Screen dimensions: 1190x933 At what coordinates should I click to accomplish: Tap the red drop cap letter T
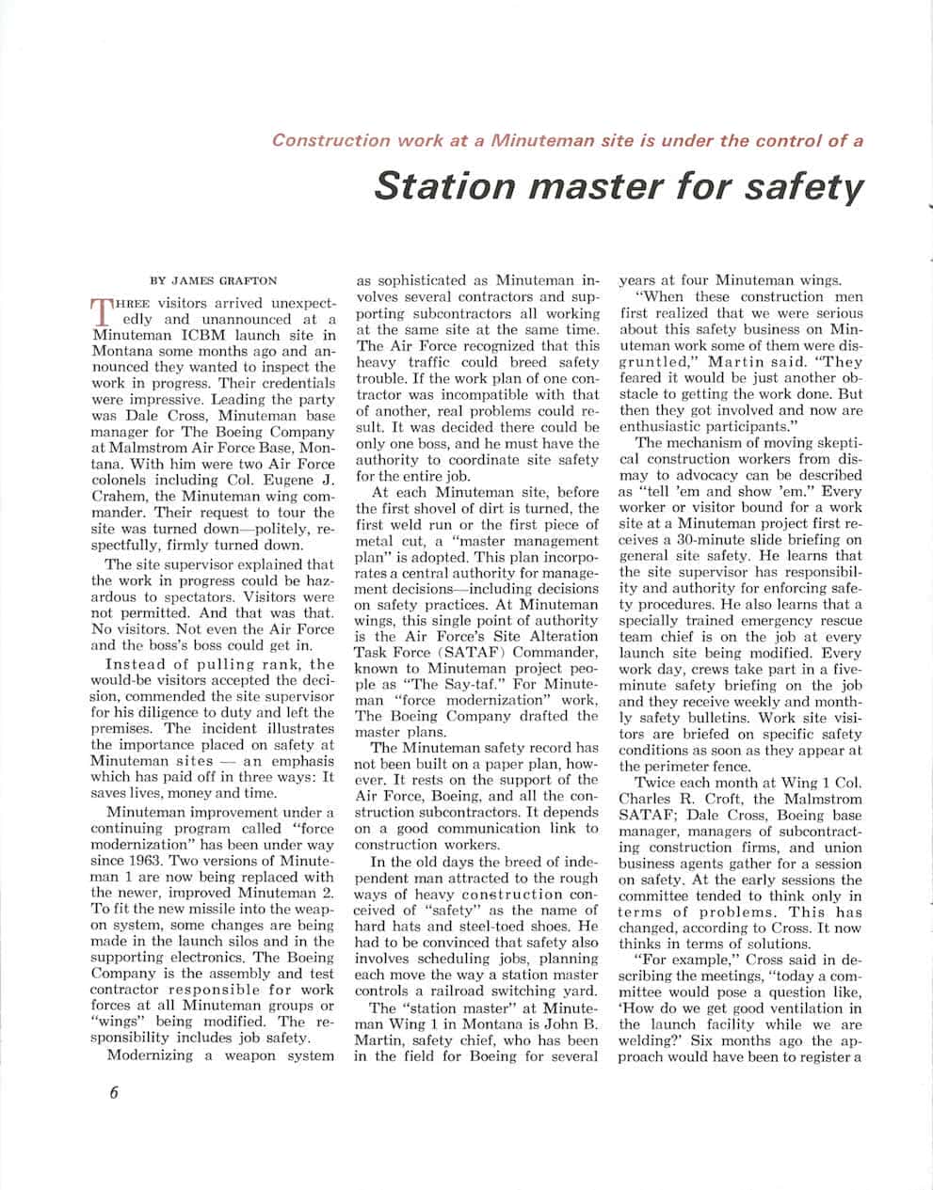(103, 309)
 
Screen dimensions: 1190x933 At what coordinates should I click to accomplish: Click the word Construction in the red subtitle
(330, 141)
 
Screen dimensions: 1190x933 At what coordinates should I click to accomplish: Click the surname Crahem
(121, 496)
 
